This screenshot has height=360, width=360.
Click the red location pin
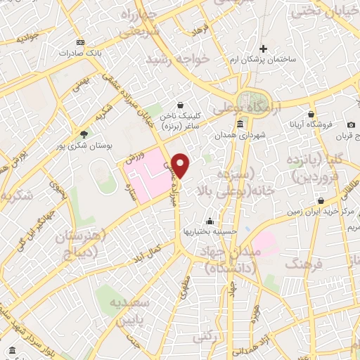(x=181, y=165)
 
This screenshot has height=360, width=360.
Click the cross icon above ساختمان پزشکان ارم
(x=264, y=49)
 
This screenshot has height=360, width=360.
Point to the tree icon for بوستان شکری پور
(x=85, y=134)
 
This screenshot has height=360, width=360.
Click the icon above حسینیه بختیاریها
(x=208, y=220)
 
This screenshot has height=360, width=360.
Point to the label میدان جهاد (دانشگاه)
(x=230, y=260)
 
